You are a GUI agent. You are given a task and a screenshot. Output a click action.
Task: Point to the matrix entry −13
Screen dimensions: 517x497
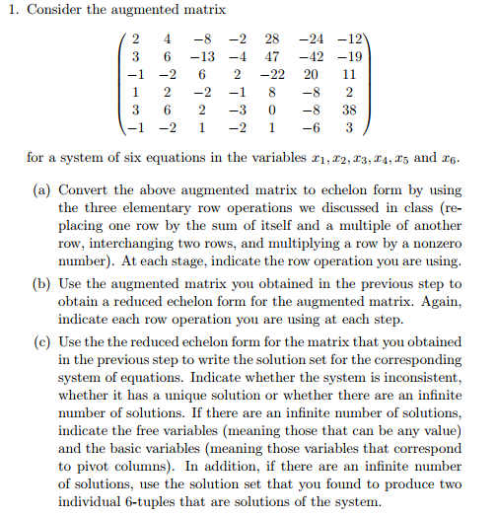click(204, 57)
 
